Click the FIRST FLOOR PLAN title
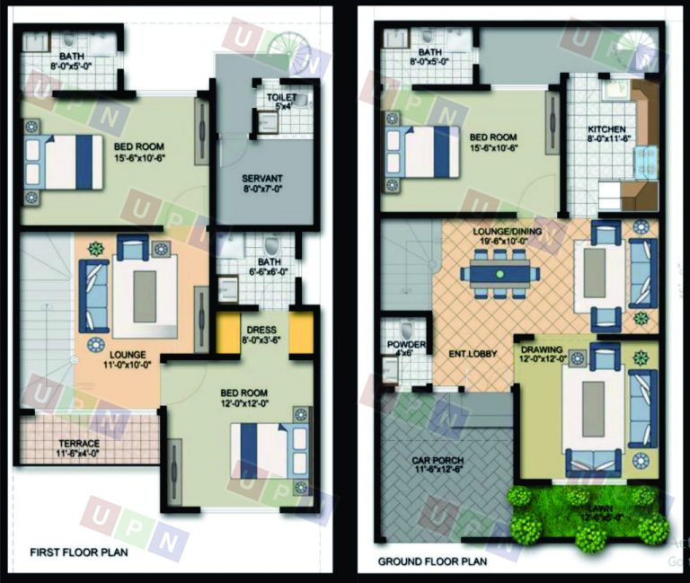coord(79,552)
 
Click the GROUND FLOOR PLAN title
coord(431,561)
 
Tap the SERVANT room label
coord(261,183)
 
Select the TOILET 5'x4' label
coord(281,101)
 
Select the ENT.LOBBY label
coord(473,353)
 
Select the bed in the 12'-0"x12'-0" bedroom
coord(270,450)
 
